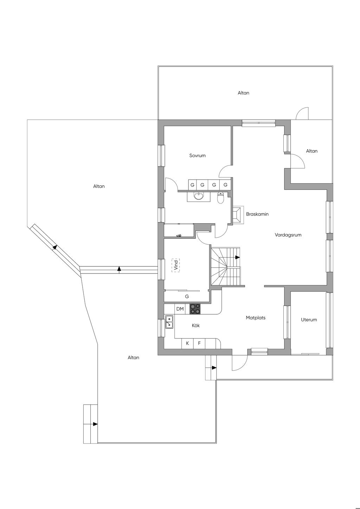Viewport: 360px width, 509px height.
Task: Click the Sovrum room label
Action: (x=197, y=156)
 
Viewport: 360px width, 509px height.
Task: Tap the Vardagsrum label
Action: (x=288, y=235)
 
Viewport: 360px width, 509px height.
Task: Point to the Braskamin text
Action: (x=257, y=214)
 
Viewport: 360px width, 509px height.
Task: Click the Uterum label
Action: (x=309, y=320)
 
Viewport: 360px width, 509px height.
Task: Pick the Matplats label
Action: (x=256, y=318)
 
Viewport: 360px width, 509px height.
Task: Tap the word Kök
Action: (x=196, y=326)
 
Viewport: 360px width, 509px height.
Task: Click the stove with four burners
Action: (x=195, y=309)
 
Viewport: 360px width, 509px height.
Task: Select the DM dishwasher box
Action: (x=180, y=309)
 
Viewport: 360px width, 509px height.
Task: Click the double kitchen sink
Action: (x=169, y=322)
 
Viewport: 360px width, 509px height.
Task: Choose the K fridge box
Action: (x=187, y=343)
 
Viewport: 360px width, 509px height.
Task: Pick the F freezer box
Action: (x=199, y=343)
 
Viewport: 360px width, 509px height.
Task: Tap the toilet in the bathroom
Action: (x=221, y=198)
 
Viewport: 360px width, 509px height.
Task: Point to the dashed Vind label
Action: (x=176, y=265)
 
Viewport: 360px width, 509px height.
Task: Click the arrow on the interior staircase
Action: (x=238, y=257)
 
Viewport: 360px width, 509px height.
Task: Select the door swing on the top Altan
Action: (x=302, y=114)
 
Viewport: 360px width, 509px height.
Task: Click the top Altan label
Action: (x=243, y=93)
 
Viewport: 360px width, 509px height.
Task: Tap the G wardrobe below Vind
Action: (x=187, y=296)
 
